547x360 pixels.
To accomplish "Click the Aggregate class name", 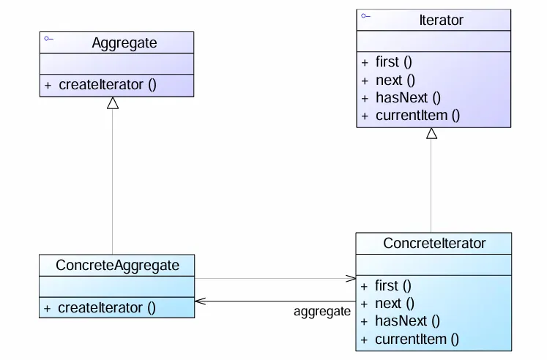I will (x=124, y=43).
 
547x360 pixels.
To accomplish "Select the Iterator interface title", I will (x=441, y=20).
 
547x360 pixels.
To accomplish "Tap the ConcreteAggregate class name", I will (x=117, y=265).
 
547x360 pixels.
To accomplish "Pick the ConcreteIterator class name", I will (x=433, y=243).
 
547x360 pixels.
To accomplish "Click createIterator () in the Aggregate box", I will (x=107, y=84).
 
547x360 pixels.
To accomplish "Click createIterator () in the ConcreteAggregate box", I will (x=106, y=307).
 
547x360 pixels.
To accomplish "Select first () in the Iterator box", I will (x=393, y=62).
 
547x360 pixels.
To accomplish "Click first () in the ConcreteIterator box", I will (x=393, y=285).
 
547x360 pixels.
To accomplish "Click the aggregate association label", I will (x=322, y=312).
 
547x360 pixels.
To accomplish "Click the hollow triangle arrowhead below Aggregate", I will (x=112, y=104).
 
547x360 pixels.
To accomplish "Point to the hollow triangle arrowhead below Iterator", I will (x=431, y=134).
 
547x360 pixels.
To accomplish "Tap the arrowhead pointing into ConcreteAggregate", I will (x=201, y=301).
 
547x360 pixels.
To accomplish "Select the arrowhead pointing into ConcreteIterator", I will (x=350, y=278).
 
